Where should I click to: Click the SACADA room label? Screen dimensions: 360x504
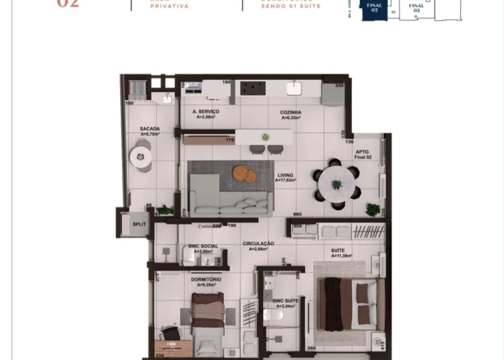150,130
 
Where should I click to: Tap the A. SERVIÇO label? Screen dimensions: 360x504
206,112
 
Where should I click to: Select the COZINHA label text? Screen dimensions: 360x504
291,112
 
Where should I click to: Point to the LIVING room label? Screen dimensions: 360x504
285,176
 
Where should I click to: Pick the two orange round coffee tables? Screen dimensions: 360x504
244,174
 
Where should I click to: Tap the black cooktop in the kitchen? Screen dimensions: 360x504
252,88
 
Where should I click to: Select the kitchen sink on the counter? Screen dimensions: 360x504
294,88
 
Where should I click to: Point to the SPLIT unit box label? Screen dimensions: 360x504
138,224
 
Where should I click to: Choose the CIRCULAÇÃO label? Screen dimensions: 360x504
258,244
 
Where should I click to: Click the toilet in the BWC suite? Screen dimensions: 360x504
274,315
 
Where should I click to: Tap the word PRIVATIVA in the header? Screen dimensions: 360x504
170,6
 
